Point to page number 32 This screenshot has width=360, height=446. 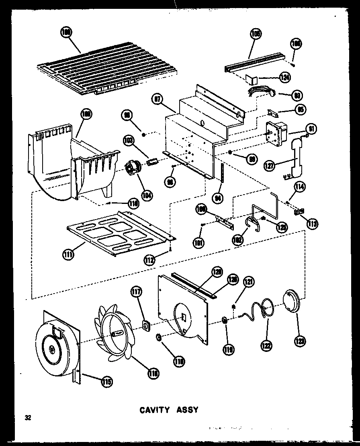point(27,417)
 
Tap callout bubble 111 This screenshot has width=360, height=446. point(68,255)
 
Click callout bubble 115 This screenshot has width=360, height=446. point(106,381)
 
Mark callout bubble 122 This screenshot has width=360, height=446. point(266,345)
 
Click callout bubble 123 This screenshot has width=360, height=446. point(300,341)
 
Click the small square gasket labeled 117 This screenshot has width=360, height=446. point(146,325)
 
